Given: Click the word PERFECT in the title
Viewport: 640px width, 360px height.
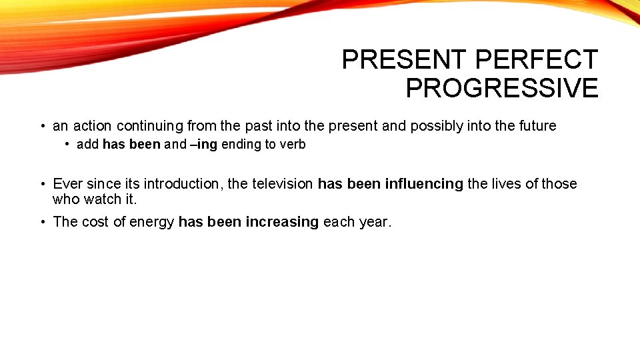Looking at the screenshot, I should coord(536,60).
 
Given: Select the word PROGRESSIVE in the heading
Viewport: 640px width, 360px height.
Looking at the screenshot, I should coord(502,88).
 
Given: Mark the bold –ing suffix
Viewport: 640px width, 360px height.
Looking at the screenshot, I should coord(204,145).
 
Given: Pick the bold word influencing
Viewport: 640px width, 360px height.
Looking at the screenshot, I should coord(424,184).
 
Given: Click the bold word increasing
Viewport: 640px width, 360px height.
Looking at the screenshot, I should coord(282,222).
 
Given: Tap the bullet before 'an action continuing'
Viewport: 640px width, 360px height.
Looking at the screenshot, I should coord(41,127).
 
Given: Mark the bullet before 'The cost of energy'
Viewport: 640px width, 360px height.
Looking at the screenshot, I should coord(41,223).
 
